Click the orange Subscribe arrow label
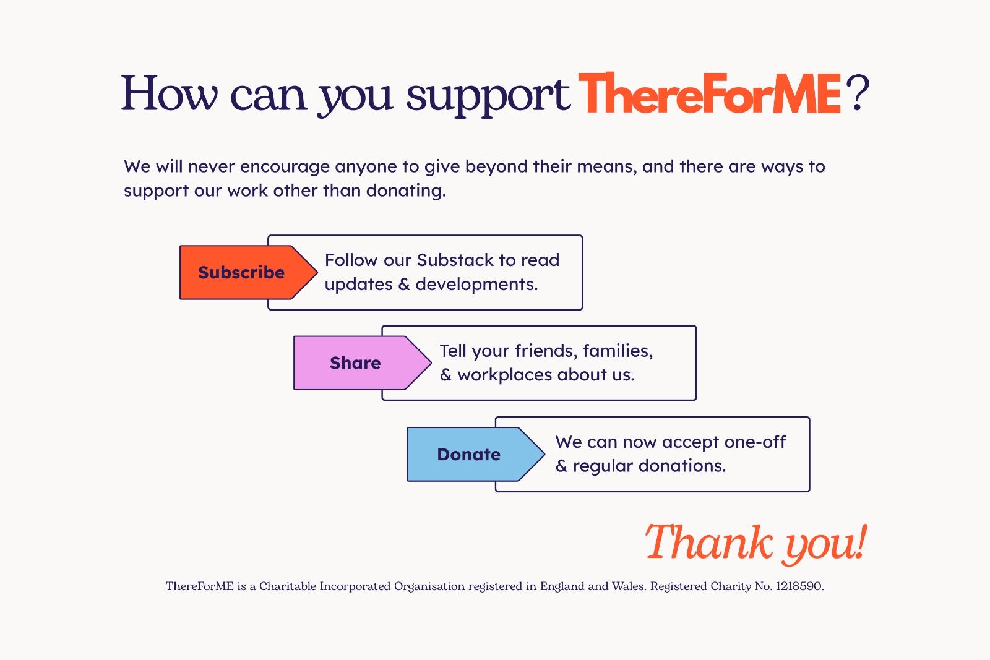coord(248,272)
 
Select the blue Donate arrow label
coord(476,454)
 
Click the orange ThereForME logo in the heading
coord(709,93)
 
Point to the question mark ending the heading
coord(858,93)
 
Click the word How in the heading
coord(170,93)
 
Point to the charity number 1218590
coord(799,586)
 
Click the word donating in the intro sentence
coord(406,191)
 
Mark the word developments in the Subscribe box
coord(476,284)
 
